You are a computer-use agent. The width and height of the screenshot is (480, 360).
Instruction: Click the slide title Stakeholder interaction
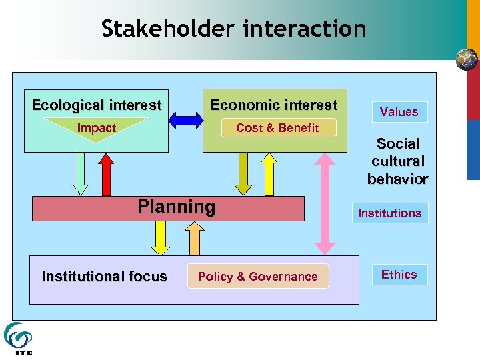234,29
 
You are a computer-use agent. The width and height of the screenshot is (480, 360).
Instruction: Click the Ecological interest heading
97,105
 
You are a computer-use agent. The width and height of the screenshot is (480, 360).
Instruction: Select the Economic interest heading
274,105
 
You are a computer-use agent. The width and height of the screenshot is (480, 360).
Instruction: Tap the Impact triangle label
97,127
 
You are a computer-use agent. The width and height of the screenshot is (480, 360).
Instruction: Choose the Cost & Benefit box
278,127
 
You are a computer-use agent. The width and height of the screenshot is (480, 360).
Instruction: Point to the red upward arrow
106,173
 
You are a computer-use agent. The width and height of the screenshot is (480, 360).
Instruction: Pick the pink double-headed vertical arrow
325,203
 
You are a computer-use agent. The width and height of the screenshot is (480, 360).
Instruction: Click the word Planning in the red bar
177,207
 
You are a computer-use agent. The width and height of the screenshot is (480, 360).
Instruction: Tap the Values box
399,111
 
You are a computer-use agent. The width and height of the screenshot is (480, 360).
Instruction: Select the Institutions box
390,213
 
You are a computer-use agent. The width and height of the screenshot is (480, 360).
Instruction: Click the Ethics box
399,275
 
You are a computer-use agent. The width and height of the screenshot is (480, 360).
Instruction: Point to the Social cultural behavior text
398,161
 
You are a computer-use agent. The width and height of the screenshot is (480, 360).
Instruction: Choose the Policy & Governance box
258,276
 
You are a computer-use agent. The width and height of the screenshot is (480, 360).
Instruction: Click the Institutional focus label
105,276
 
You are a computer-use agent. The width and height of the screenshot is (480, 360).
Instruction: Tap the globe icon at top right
467,59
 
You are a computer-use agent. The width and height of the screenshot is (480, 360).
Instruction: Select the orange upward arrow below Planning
195,237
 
